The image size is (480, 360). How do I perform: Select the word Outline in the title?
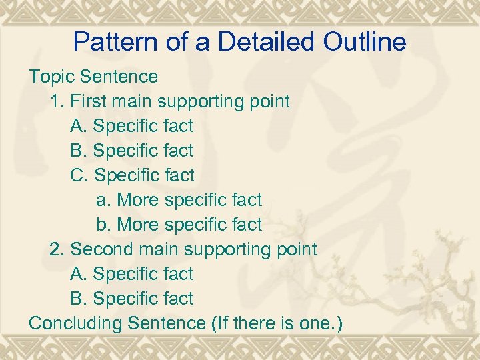[365, 42]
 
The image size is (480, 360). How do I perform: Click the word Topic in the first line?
[49, 77]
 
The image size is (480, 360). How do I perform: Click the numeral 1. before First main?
[57, 101]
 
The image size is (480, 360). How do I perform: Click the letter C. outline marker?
[79, 175]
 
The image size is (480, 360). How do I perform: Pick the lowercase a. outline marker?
[104, 200]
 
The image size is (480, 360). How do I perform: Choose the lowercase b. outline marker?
[104, 225]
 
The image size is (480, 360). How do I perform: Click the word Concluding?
[75, 323]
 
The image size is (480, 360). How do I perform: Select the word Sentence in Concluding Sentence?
[166, 323]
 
